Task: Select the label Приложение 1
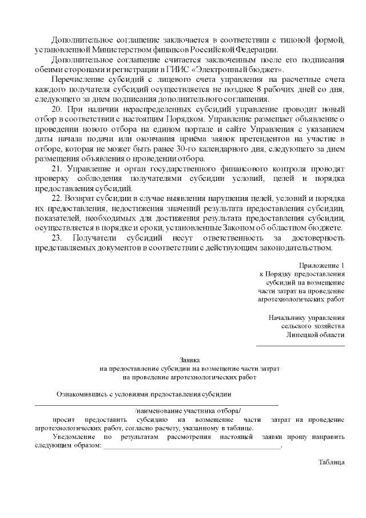click(322, 266)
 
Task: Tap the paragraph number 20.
click(56, 108)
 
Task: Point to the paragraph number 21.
click(56, 170)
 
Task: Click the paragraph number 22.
click(56, 197)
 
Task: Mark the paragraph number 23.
click(56, 238)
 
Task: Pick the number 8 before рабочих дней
click(258, 89)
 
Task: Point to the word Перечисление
click(77, 79)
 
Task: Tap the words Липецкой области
click(316, 335)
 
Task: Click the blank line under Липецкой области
click(300, 345)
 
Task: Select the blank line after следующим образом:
click(191, 448)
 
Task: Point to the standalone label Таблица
click(332, 462)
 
